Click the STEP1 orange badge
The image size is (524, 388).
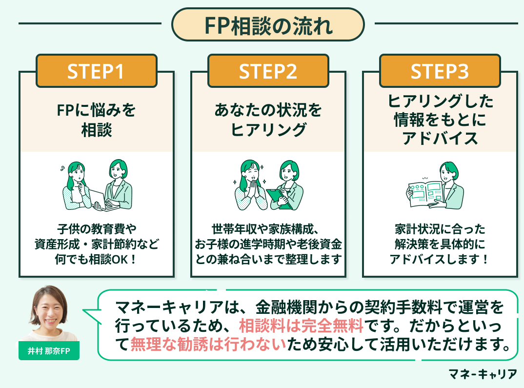click(x=97, y=71)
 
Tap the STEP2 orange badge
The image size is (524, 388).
click(x=268, y=71)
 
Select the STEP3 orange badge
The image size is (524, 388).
click(x=440, y=71)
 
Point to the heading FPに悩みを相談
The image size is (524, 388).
click(x=97, y=120)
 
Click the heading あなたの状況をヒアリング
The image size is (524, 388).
click(x=268, y=120)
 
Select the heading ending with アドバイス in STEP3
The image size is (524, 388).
click(x=440, y=120)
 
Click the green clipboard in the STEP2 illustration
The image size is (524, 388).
click(x=279, y=197)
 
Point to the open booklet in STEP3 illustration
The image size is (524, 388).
click(x=425, y=192)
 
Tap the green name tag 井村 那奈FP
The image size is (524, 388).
click(x=49, y=351)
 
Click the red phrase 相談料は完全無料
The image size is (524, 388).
click(x=302, y=326)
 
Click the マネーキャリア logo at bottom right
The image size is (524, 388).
click(x=483, y=374)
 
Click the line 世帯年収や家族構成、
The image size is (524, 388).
click(x=268, y=228)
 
